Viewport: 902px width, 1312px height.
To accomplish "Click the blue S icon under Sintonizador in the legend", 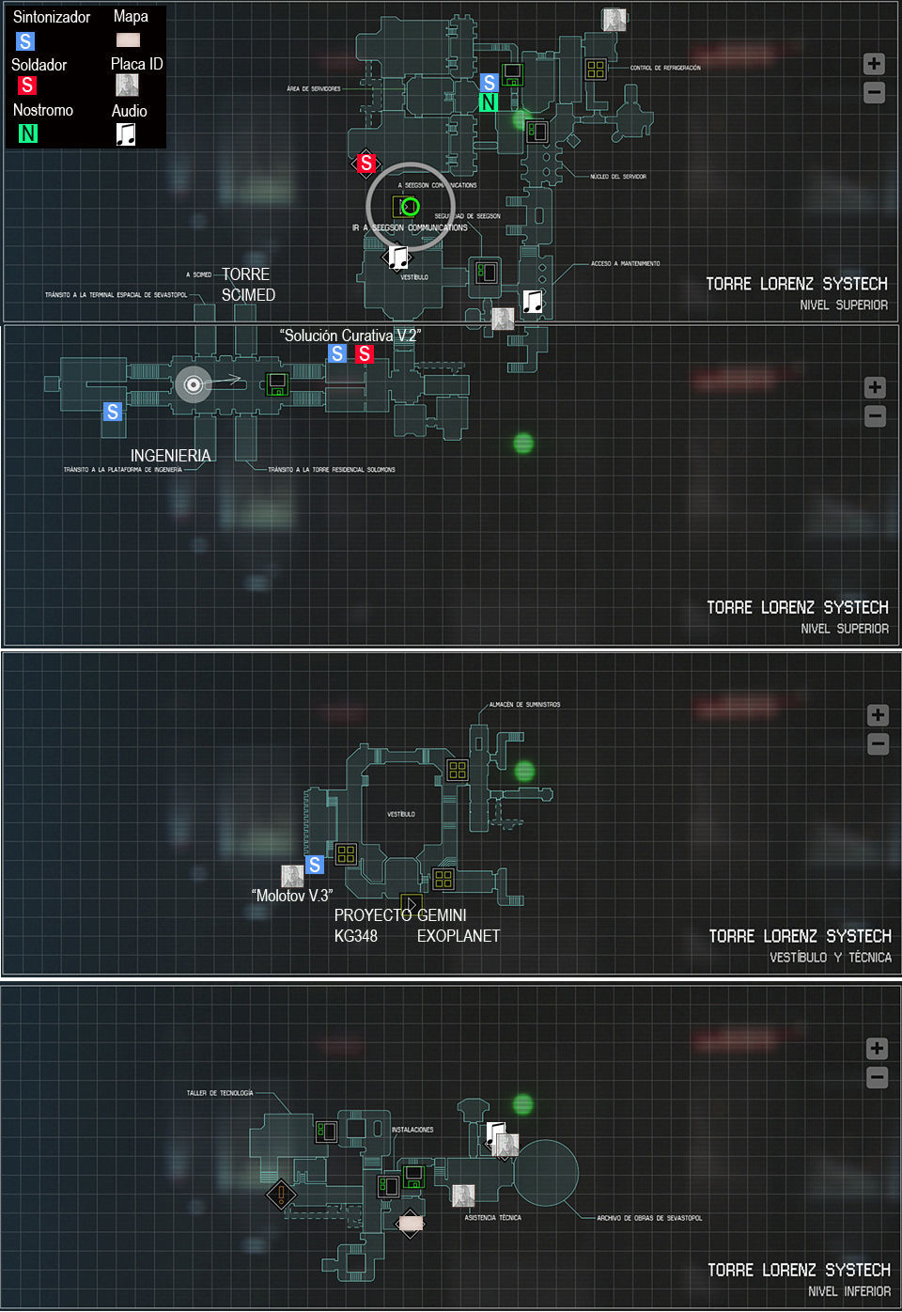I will coord(25,41).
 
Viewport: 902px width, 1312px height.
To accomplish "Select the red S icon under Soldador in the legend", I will coord(27,86).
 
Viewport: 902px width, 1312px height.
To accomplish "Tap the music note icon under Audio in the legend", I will coord(126,134).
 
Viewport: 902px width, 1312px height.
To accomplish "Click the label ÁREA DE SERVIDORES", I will coord(314,89).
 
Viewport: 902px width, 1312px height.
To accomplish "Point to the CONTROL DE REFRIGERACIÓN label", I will coord(665,69).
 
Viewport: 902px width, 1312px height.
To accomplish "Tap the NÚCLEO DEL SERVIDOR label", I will coord(617,177).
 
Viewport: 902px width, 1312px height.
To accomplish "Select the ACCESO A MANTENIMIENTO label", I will coord(625,264).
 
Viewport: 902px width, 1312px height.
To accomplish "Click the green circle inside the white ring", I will coord(410,207).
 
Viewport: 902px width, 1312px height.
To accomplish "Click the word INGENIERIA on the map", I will coord(170,456).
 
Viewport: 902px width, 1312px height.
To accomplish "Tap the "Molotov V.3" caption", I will coord(292,896).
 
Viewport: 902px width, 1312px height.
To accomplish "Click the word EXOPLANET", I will coord(459,936).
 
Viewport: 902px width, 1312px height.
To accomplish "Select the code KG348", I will coord(356,936).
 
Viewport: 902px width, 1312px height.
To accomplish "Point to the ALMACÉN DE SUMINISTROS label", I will coord(524,705).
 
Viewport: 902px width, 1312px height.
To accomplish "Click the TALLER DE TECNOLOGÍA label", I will coord(220,1093).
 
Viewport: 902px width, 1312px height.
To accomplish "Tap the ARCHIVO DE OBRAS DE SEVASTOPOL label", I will coord(649,1218).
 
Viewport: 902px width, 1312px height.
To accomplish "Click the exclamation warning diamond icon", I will coord(281,1195).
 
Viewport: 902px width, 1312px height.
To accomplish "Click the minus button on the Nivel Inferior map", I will coord(877,1077).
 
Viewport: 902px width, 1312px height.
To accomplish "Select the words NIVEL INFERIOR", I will coord(848,1291).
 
